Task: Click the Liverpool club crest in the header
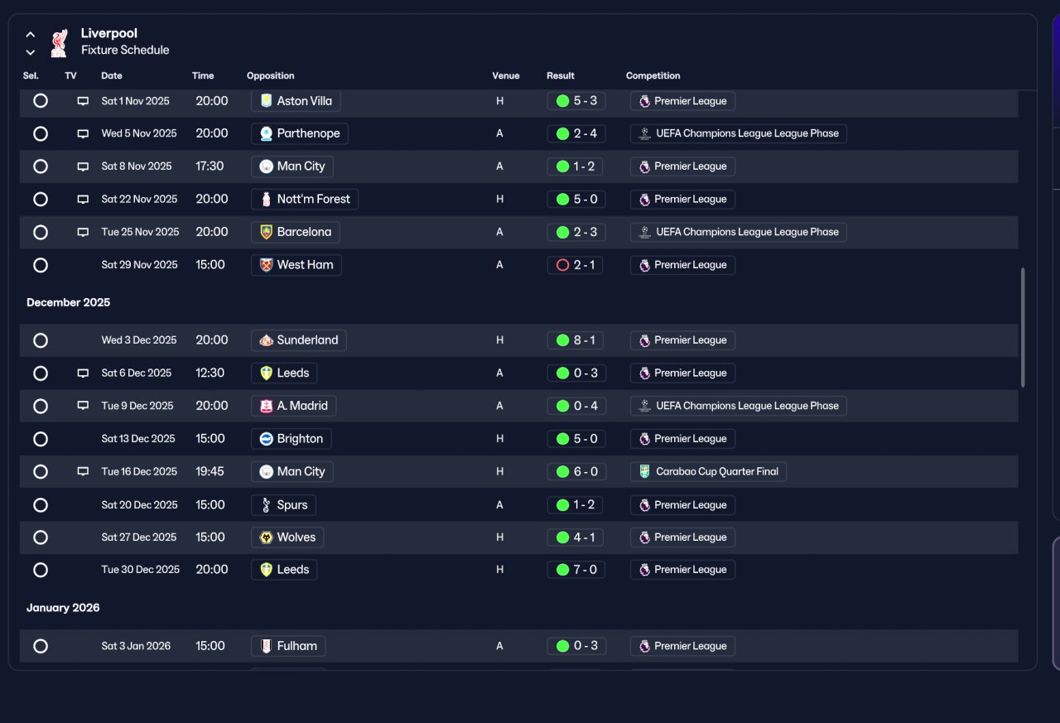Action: (59, 42)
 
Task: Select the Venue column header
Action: (505, 75)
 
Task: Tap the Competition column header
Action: (653, 75)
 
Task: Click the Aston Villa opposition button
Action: (296, 101)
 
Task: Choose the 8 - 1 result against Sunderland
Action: (575, 340)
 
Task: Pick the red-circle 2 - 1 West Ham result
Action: (575, 265)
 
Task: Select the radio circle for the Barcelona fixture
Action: (41, 233)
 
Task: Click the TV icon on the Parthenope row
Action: (83, 134)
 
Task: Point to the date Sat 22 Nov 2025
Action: (139, 200)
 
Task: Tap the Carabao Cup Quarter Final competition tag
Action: (708, 472)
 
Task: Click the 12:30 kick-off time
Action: (210, 373)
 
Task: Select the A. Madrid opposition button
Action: (293, 406)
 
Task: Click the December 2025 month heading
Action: (68, 302)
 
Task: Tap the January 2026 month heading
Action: (63, 608)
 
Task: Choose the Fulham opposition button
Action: (288, 646)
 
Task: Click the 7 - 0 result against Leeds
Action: (576, 570)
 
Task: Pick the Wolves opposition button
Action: (287, 537)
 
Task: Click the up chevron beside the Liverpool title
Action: (31, 35)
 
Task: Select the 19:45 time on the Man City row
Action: (210, 472)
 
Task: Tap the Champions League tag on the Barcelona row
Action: (738, 233)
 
